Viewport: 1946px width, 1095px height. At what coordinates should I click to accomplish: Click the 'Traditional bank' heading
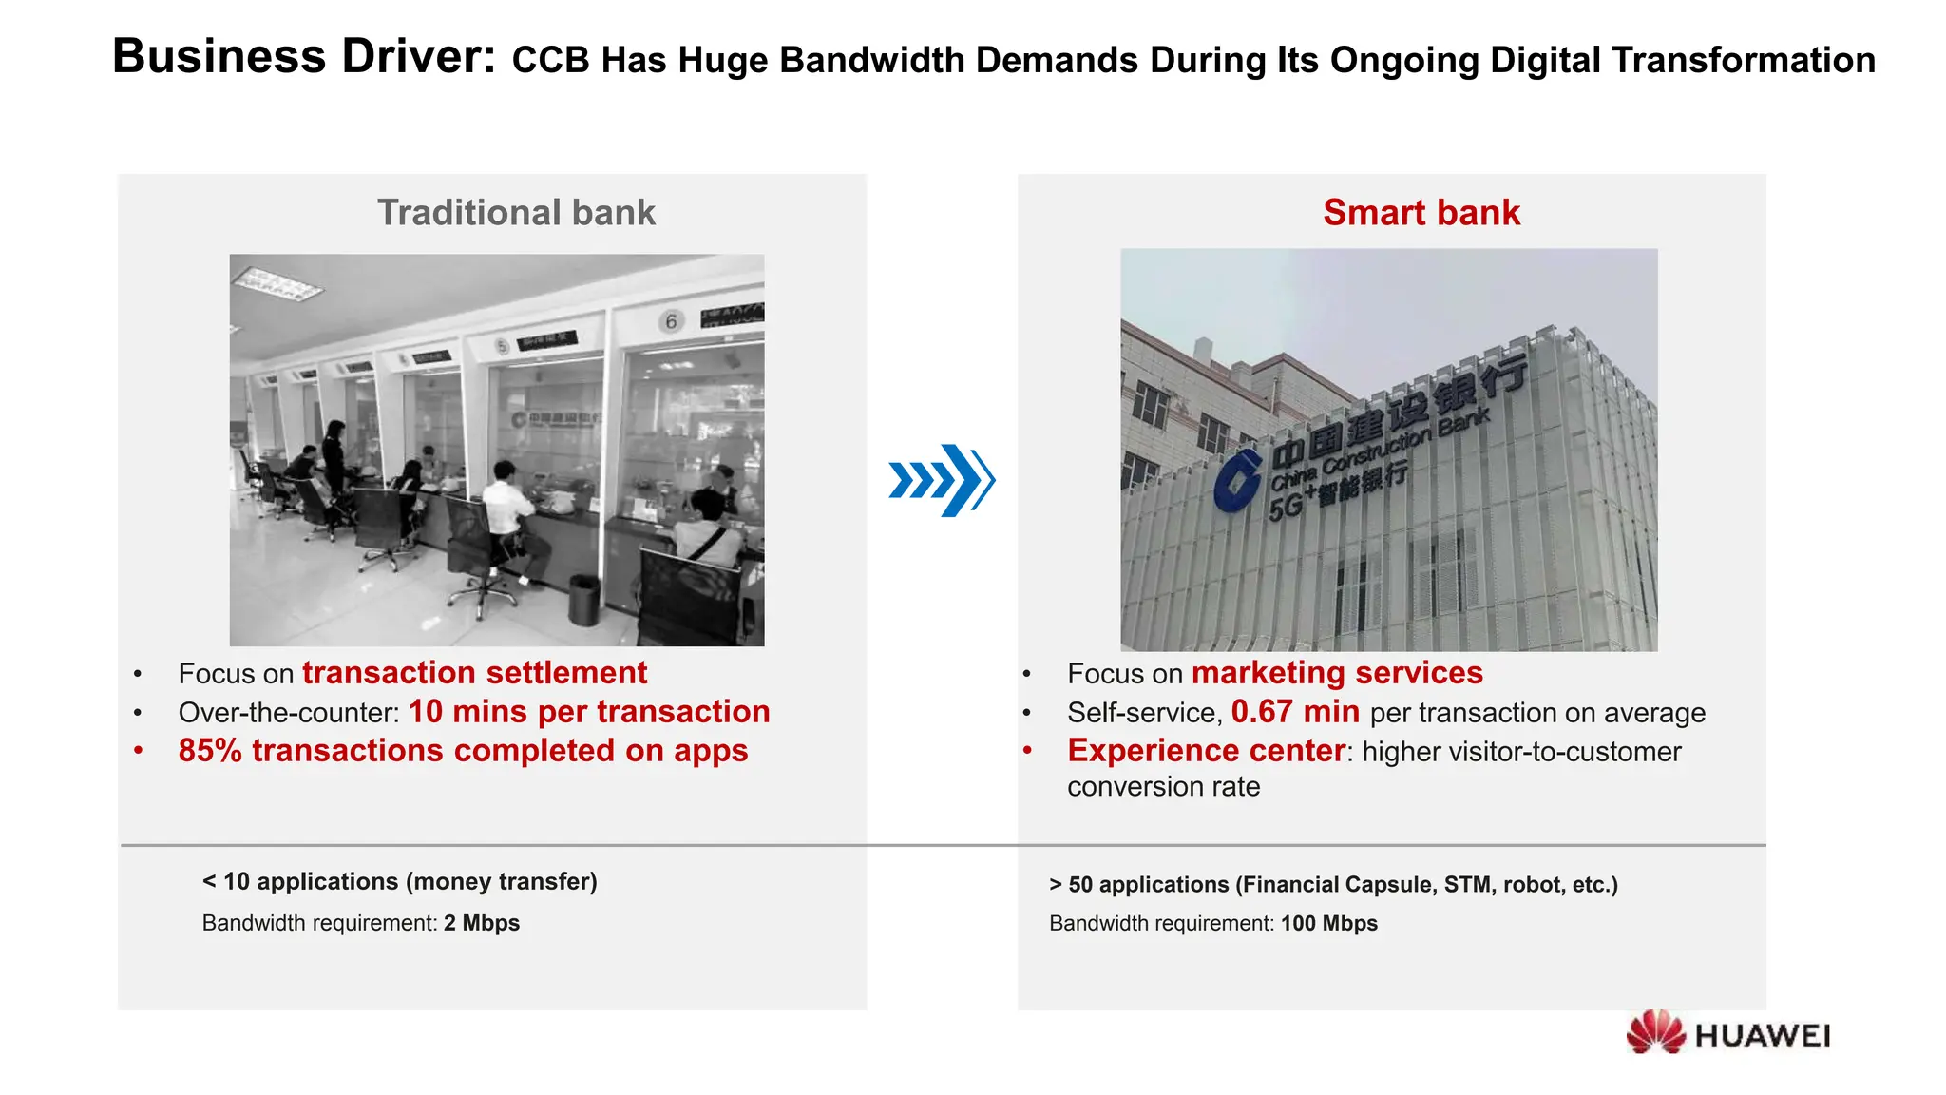[516, 213]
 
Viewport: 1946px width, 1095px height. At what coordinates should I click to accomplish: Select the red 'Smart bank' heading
[1421, 213]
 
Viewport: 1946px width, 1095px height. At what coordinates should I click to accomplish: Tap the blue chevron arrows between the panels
[942, 480]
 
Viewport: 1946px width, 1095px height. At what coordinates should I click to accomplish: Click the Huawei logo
[1727, 1034]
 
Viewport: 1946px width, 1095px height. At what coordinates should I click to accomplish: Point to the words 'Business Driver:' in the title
[304, 57]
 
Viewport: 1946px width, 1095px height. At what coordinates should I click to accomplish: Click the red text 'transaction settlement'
[474, 673]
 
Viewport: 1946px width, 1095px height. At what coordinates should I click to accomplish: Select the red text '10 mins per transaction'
[588, 712]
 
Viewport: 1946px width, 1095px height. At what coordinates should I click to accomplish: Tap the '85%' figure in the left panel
[210, 751]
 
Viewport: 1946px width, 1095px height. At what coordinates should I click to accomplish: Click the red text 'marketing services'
[1336, 673]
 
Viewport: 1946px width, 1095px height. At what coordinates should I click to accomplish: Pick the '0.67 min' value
[1294, 712]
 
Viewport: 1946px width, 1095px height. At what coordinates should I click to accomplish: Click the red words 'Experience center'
[1206, 751]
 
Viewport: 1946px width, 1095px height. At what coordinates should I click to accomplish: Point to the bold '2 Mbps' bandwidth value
[481, 923]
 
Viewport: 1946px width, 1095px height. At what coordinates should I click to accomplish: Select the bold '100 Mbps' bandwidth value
[1328, 923]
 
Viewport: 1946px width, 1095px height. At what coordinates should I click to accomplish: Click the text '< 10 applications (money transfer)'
[399, 882]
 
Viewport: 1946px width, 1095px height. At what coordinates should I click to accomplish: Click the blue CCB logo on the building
[1237, 482]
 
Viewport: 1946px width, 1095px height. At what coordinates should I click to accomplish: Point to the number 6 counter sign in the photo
[671, 321]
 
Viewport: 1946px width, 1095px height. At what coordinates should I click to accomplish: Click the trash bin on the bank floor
[583, 599]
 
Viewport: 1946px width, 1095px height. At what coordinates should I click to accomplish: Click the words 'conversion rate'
[1163, 787]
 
